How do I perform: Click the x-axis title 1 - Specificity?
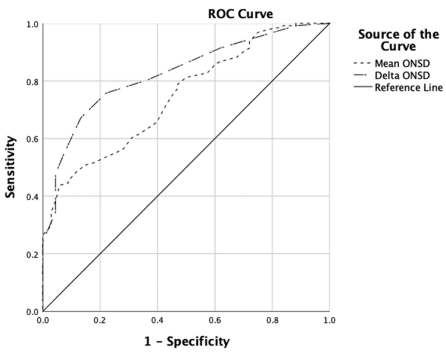(187, 341)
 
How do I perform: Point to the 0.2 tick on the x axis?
(100, 320)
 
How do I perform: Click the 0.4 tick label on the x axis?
(158, 320)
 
